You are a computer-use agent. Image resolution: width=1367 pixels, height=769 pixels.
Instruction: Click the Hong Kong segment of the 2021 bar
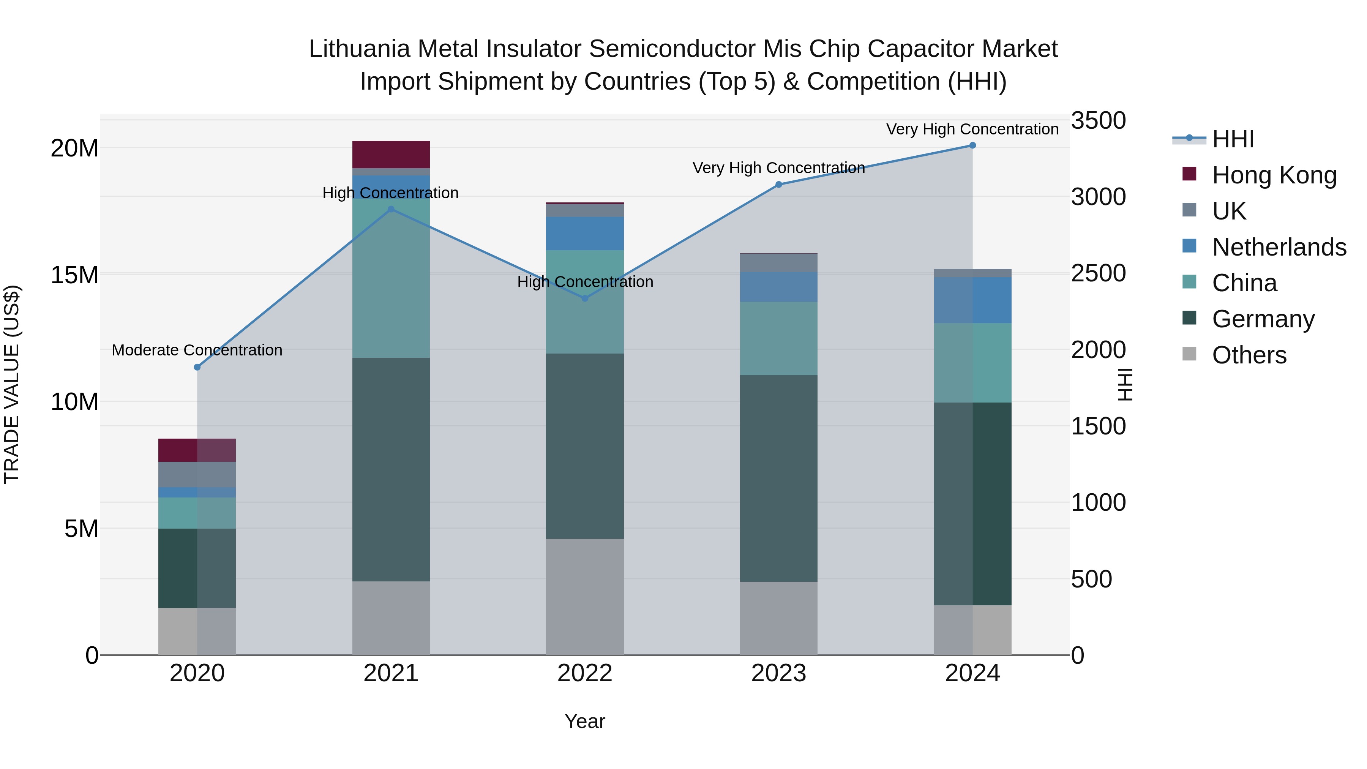pos(391,155)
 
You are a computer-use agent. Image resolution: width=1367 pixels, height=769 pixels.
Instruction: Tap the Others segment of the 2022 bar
pos(585,597)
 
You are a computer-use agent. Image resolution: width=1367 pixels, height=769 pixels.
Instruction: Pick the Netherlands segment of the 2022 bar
pos(585,234)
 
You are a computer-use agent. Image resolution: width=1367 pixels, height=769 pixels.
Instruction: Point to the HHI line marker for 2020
pos(197,367)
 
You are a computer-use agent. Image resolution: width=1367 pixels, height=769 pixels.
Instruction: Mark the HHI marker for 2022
pos(585,298)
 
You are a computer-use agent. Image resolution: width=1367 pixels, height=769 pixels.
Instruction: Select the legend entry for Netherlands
pos(1279,247)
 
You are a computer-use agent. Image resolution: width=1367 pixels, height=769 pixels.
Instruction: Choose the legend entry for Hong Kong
pos(1274,175)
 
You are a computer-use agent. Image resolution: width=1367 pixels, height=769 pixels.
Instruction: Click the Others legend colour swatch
pos(1189,354)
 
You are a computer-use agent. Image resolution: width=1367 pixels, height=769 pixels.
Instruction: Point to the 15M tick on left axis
pos(74,275)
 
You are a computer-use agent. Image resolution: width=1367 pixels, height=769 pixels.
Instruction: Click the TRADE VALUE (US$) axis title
pos(12,384)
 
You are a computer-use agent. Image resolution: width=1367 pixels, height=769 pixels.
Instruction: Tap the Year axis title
pos(584,721)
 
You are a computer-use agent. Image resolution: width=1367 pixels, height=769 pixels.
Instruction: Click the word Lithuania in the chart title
pos(359,49)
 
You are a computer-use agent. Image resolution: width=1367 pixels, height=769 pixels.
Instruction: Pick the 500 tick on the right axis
pos(1091,579)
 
